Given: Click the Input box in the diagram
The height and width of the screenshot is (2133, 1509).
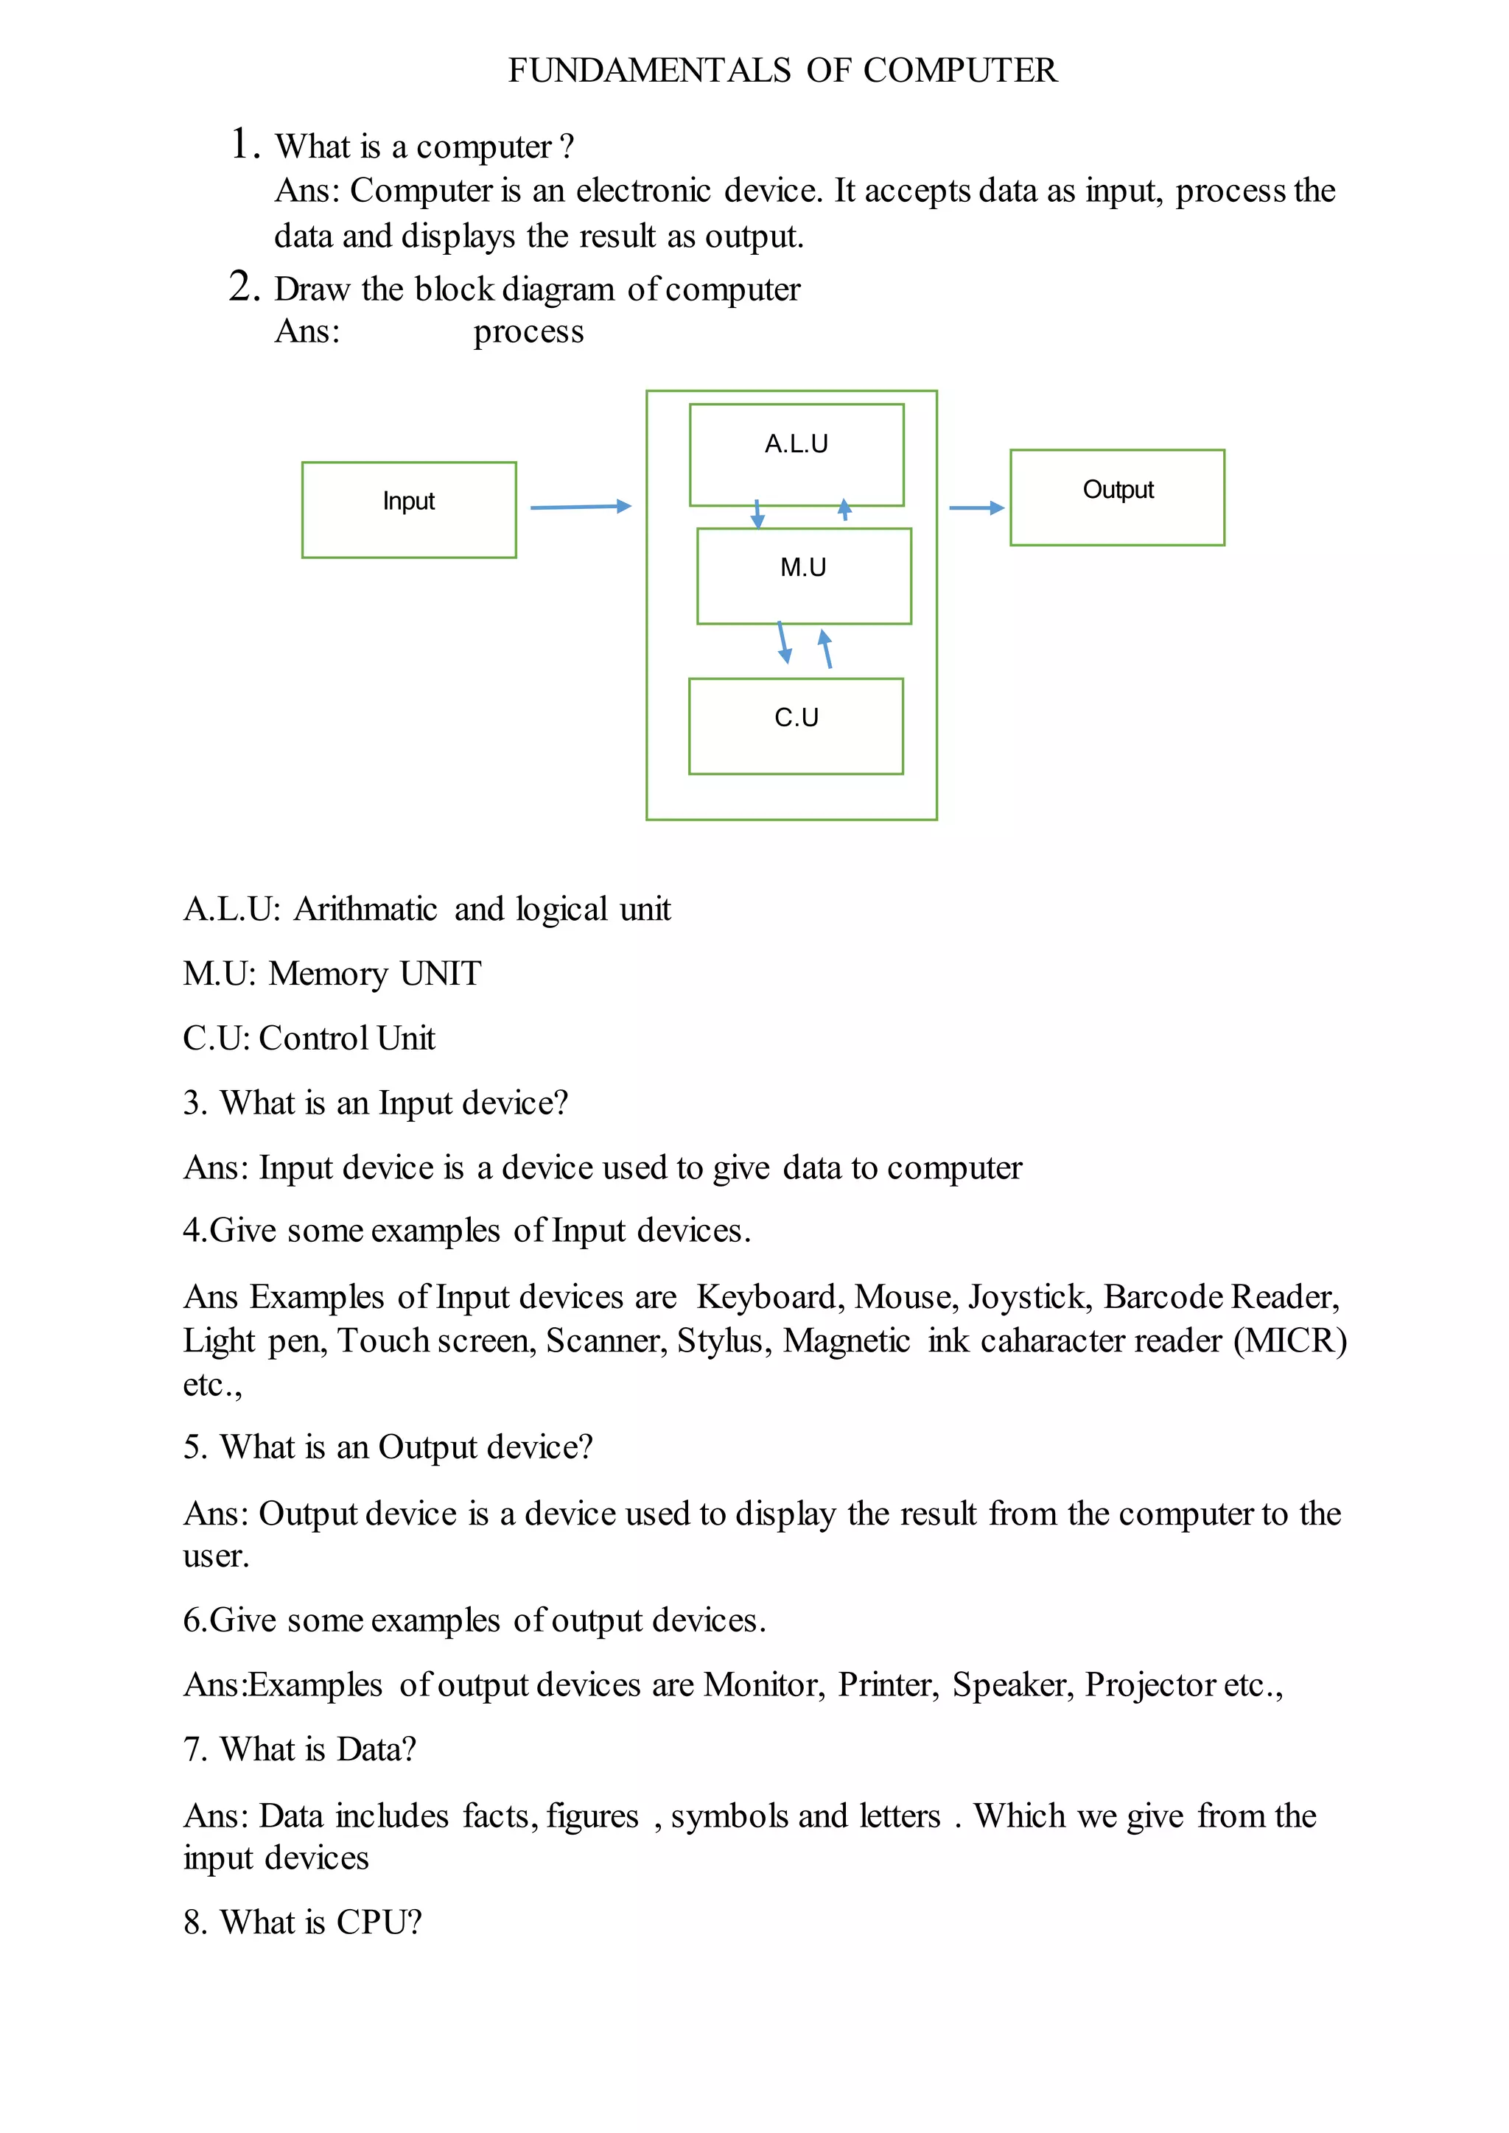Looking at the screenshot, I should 409,509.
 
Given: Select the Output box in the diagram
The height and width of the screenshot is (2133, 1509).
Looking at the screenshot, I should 1117,497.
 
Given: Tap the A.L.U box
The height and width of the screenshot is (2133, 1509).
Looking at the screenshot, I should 796,454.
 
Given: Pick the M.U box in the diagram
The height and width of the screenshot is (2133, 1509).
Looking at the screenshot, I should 804,576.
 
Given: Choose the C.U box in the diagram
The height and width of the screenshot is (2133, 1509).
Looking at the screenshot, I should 795,725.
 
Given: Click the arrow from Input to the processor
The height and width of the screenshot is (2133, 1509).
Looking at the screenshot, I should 580,506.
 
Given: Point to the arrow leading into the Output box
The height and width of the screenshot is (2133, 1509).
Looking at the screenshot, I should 976,507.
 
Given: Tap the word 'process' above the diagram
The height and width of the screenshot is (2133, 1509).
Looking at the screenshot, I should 529,331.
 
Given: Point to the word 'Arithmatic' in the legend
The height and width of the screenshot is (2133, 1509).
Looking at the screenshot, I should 365,909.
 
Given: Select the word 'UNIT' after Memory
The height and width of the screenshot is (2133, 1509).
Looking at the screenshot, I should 441,974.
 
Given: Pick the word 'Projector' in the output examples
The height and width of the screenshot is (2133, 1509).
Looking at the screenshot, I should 1150,1684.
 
